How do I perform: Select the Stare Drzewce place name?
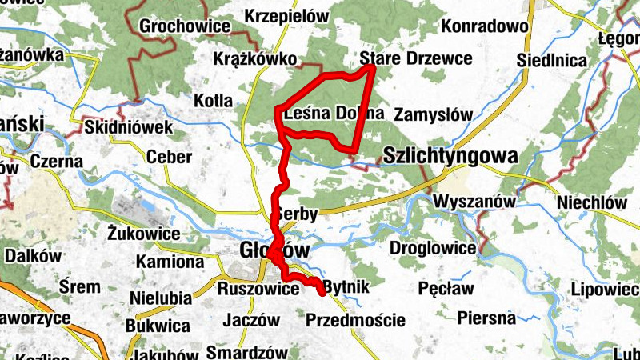click(x=406, y=58)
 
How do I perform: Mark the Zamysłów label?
click(x=434, y=114)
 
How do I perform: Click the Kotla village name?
click(x=213, y=101)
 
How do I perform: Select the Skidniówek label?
click(x=128, y=128)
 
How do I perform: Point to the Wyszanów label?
click(x=474, y=202)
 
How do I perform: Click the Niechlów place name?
click(x=593, y=202)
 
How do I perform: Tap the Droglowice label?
click(x=434, y=248)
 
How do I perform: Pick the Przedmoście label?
click(x=355, y=321)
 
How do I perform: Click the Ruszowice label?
click(x=258, y=290)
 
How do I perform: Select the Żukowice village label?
click(x=142, y=233)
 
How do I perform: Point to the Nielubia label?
click(x=160, y=298)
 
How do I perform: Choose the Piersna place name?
click(x=486, y=318)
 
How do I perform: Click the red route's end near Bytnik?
click(x=322, y=293)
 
